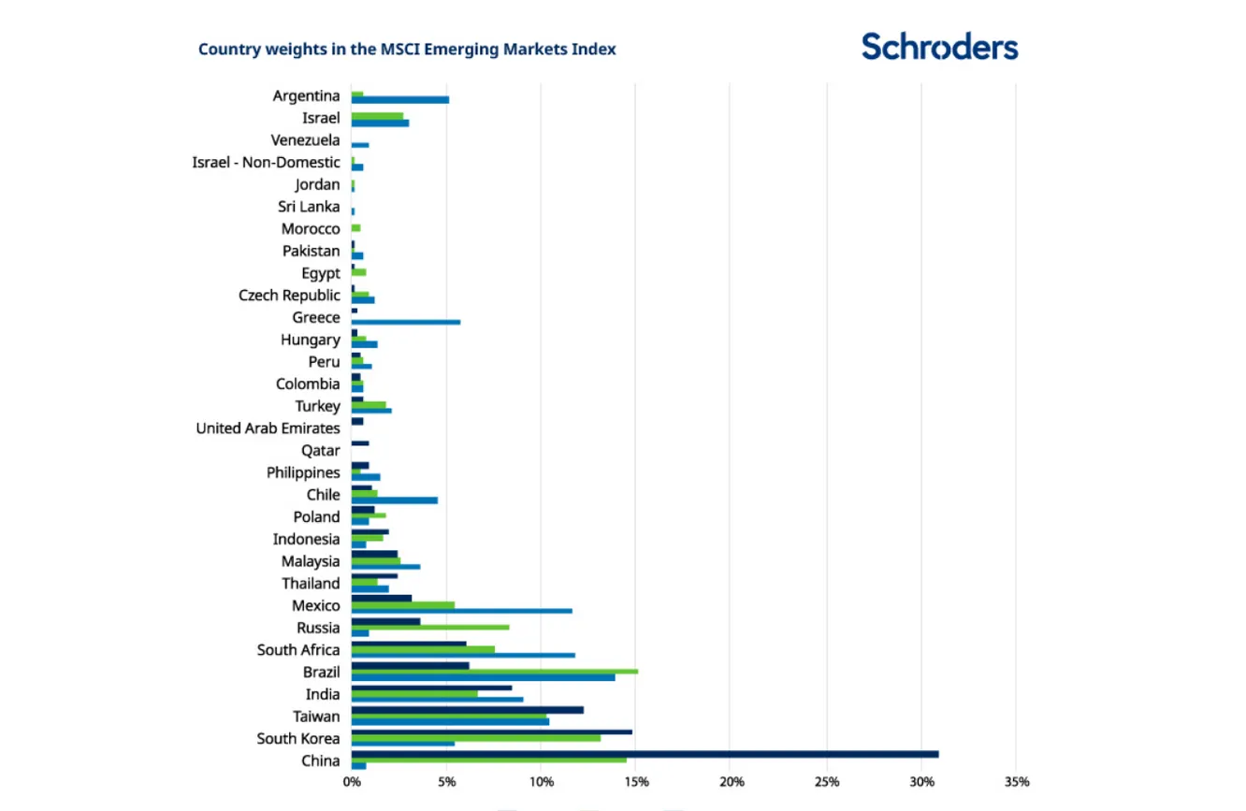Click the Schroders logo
pos(939,46)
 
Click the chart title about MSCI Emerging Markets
pos(407,50)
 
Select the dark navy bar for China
pos(645,754)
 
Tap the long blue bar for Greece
pos(406,322)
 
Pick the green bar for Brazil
pos(494,671)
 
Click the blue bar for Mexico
pos(461,611)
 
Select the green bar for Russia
pos(430,627)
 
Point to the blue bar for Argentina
pos(399,100)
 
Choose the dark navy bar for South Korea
pos(491,731)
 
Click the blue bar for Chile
pos(394,500)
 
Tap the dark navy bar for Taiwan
pos(467,710)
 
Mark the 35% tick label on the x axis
pos(1017,782)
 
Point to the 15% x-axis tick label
pos(636,782)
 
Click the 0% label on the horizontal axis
pos(351,782)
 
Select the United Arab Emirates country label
pos(268,428)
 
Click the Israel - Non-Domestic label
pos(266,163)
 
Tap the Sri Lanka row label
pos(309,207)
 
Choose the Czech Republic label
pos(289,296)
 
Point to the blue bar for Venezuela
pos(360,145)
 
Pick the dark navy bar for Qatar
pos(360,443)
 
